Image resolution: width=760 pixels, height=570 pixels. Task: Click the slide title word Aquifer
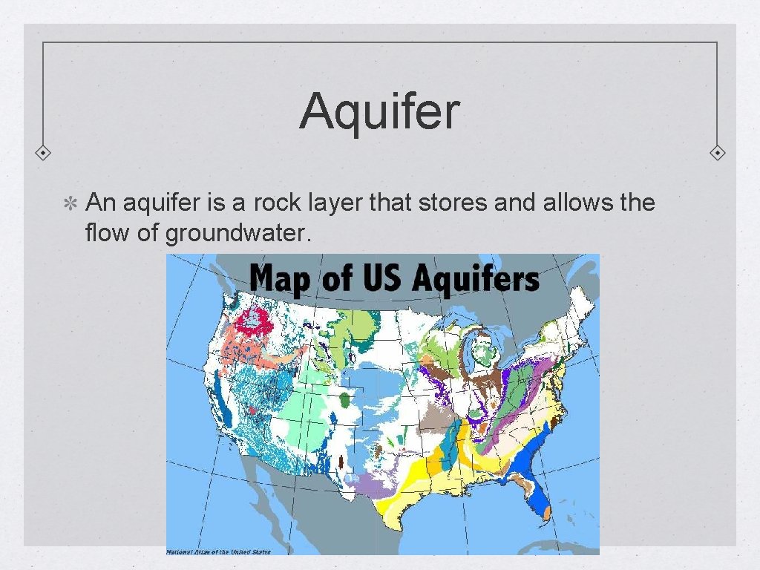point(379,112)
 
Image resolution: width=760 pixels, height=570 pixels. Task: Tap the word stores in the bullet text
point(453,202)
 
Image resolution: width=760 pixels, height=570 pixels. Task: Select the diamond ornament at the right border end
point(718,153)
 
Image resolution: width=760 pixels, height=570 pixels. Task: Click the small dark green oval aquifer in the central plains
point(347,401)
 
